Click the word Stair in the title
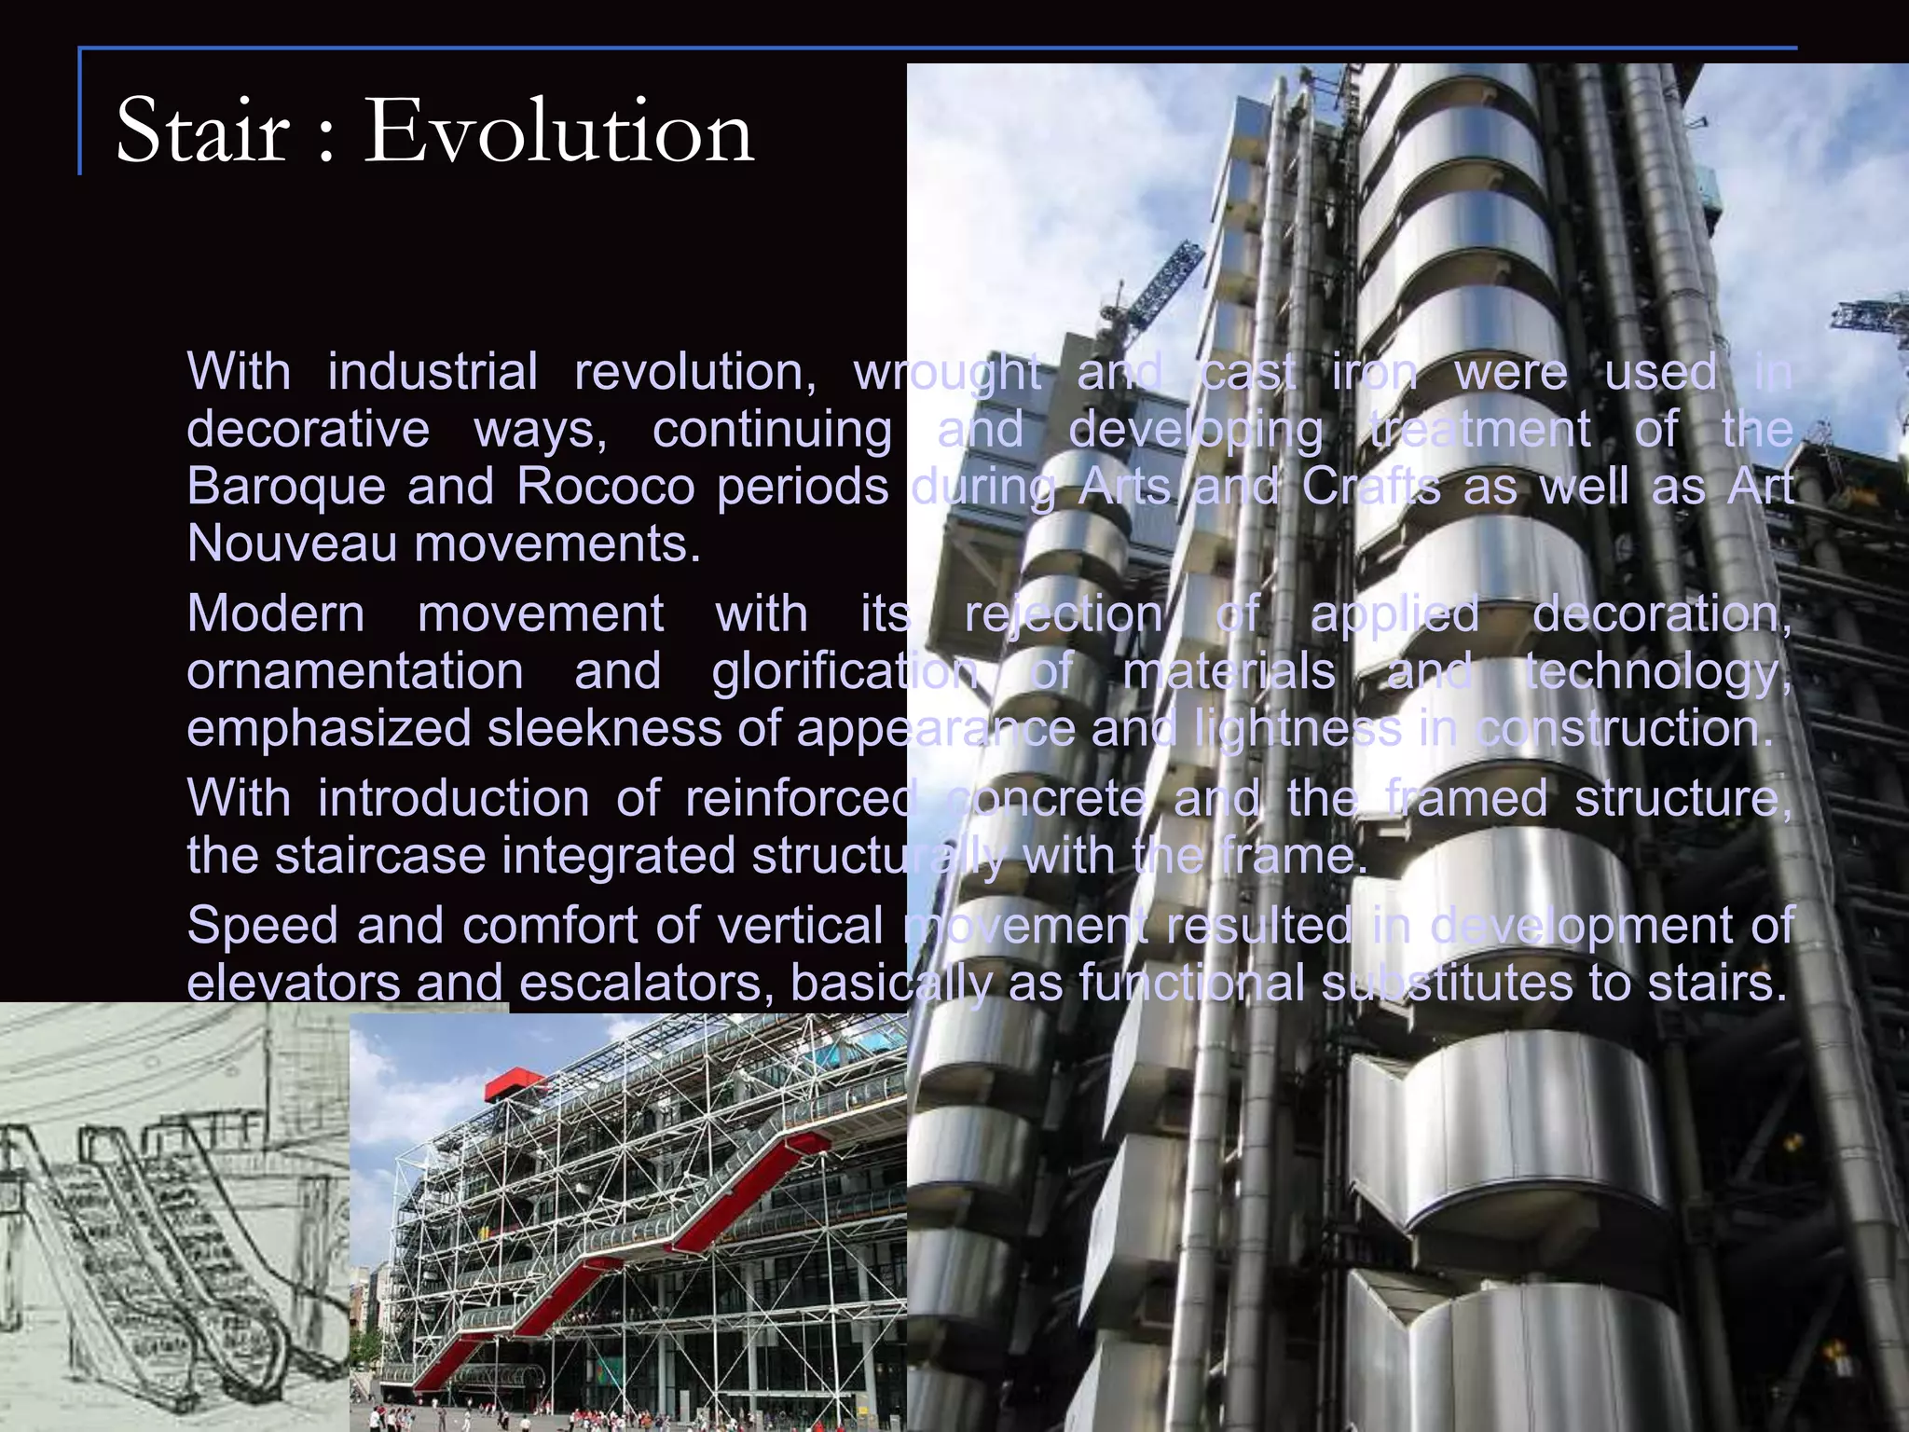tap(202, 131)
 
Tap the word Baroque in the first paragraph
tap(286, 487)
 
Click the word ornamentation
tap(355, 671)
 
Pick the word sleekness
tap(605, 728)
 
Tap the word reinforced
tap(801, 799)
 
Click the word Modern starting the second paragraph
tap(276, 614)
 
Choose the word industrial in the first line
tap(433, 372)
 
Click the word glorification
tap(845, 671)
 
